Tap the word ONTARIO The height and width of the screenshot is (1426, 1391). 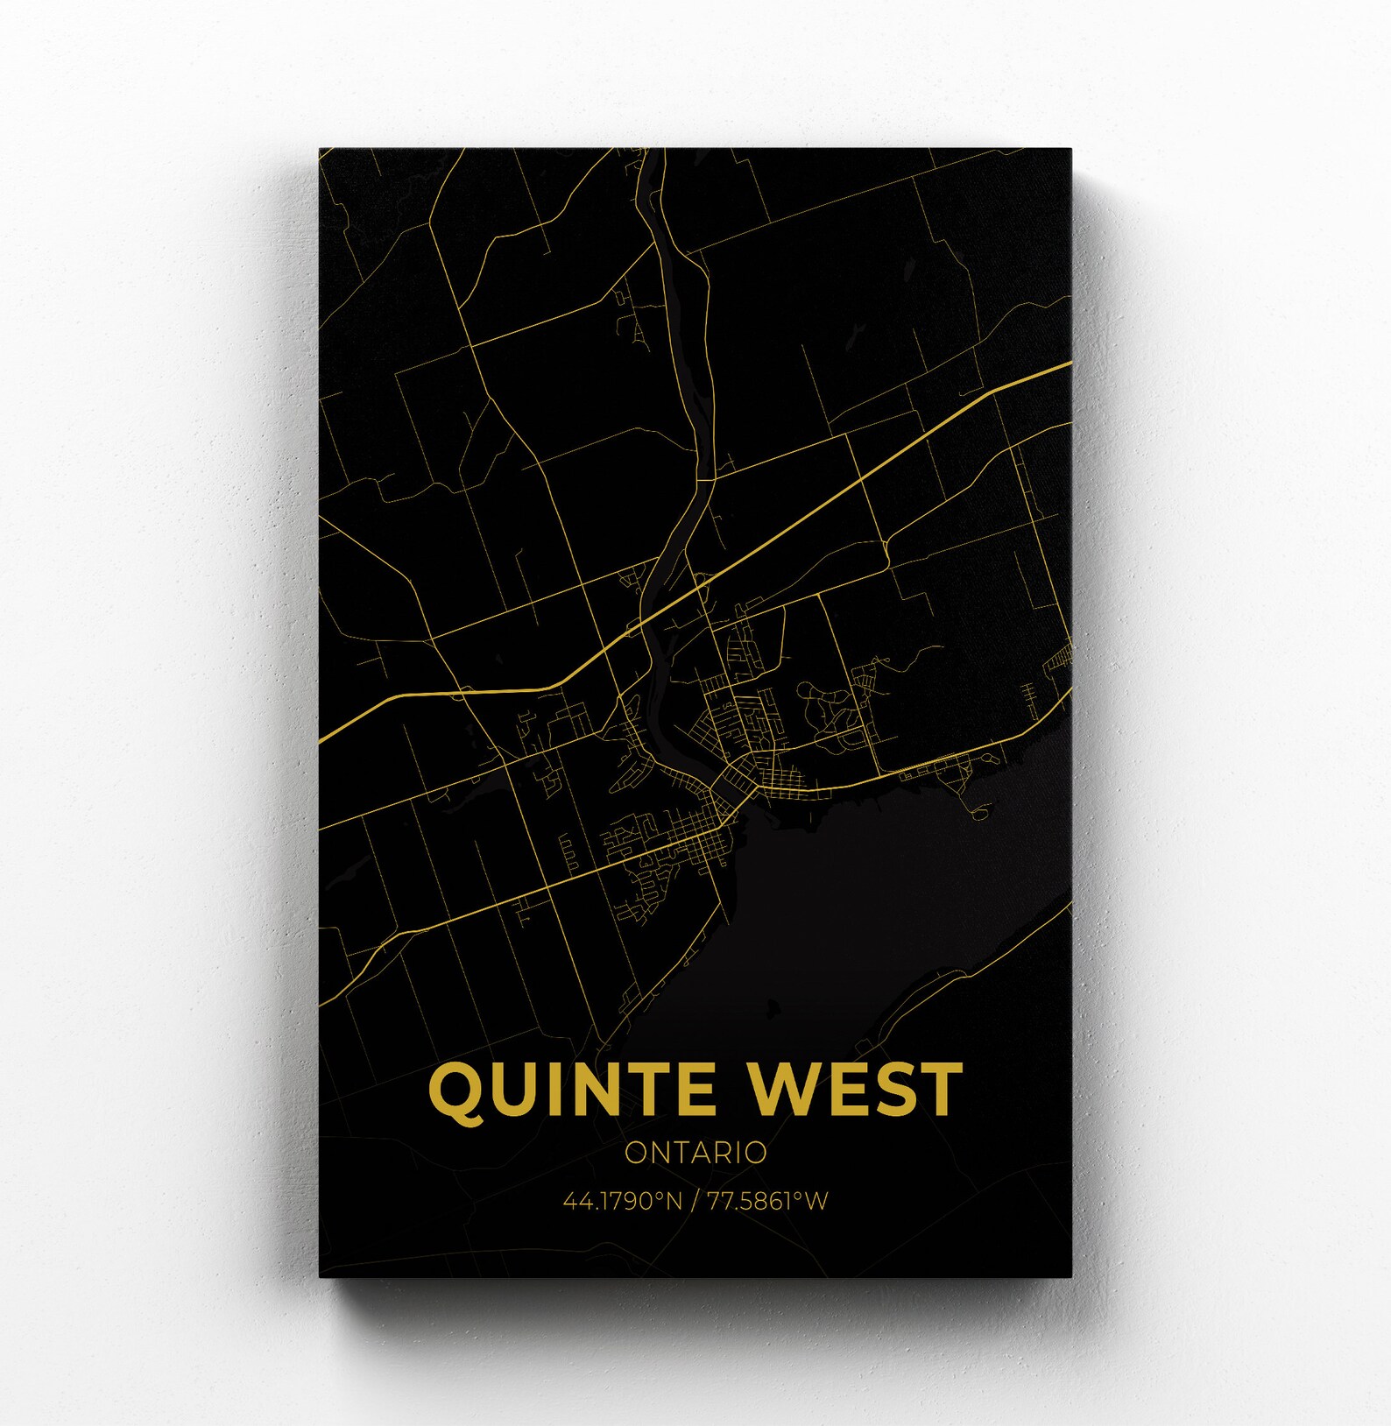pyautogui.click(x=695, y=1153)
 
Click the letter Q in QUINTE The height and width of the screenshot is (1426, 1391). pyautogui.click(x=456, y=1091)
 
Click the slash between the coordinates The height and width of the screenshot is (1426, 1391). pyautogui.click(x=695, y=1200)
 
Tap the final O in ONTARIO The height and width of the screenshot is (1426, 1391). pyautogui.click(x=756, y=1153)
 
